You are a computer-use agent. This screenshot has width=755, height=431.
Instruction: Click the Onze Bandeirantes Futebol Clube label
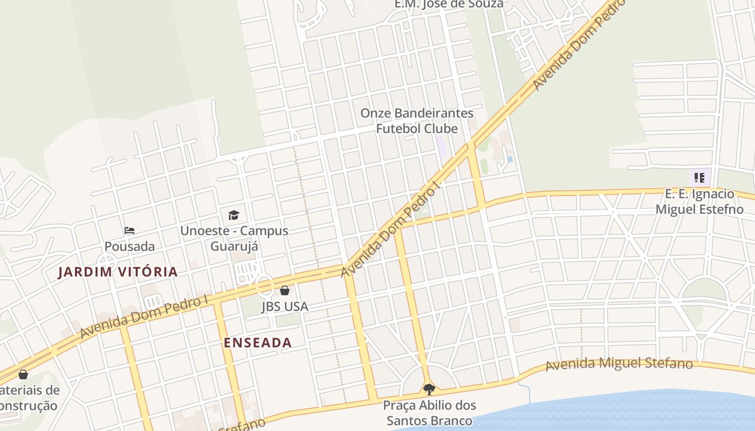pyautogui.click(x=417, y=121)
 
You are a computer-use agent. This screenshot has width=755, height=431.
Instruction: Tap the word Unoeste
pyautogui.click(x=208, y=231)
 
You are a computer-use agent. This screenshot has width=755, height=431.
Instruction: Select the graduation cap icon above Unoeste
pyautogui.click(x=234, y=215)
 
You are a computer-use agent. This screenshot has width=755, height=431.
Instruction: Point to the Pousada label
pyautogui.click(x=129, y=246)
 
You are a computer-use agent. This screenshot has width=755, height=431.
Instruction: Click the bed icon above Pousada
pyautogui.click(x=129, y=231)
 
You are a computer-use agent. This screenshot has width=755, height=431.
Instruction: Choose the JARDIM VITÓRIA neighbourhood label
pyautogui.click(x=118, y=272)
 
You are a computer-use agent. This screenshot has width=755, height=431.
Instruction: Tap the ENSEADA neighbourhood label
pyautogui.click(x=258, y=343)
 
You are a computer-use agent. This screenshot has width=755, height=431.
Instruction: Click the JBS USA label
pyautogui.click(x=285, y=307)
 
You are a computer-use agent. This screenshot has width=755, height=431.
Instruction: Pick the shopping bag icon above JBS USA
pyautogui.click(x=285, y=291)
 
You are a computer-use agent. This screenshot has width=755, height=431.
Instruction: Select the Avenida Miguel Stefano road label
pyautogui.click(x=619, y=364)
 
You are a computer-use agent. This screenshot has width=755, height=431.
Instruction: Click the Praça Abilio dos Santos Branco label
pyautogui.click(x=430, y=413)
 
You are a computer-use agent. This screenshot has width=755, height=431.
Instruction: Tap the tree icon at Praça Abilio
pyautogui.click(x=429, y=389)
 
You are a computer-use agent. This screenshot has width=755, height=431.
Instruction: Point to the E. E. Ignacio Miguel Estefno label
pyautogui.click(x=699, y=201)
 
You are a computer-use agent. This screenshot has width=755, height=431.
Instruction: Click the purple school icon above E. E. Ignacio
pyautogui.click(x=699, y=177)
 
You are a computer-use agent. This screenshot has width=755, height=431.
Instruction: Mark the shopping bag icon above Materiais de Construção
pyautogui.click(x=23, y=374)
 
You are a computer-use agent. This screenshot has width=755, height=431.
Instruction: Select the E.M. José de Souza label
pyautogui.click(x=449, y=4)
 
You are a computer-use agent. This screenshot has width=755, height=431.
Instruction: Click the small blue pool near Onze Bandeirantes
pyautogui.click(x=510, y=159)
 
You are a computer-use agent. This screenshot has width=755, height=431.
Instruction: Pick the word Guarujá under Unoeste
pyautogui.click(x=234, y=246)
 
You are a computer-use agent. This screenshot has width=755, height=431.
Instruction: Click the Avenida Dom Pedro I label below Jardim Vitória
pyautogui.click(x=144, y=316)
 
